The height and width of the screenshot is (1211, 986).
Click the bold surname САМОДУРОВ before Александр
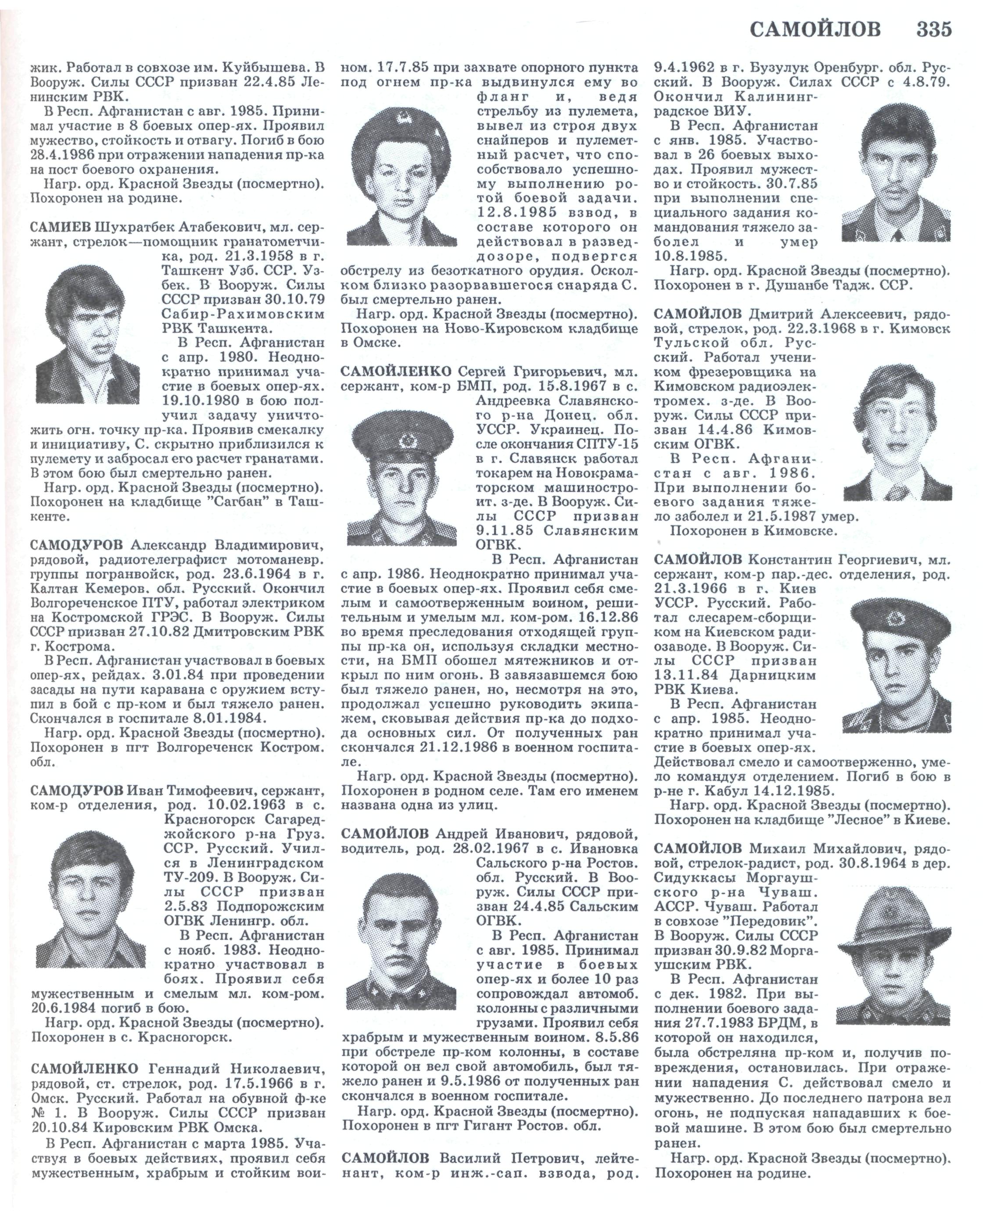pos(76,546)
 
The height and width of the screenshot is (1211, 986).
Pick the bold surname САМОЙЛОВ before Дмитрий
pos(698,314)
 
